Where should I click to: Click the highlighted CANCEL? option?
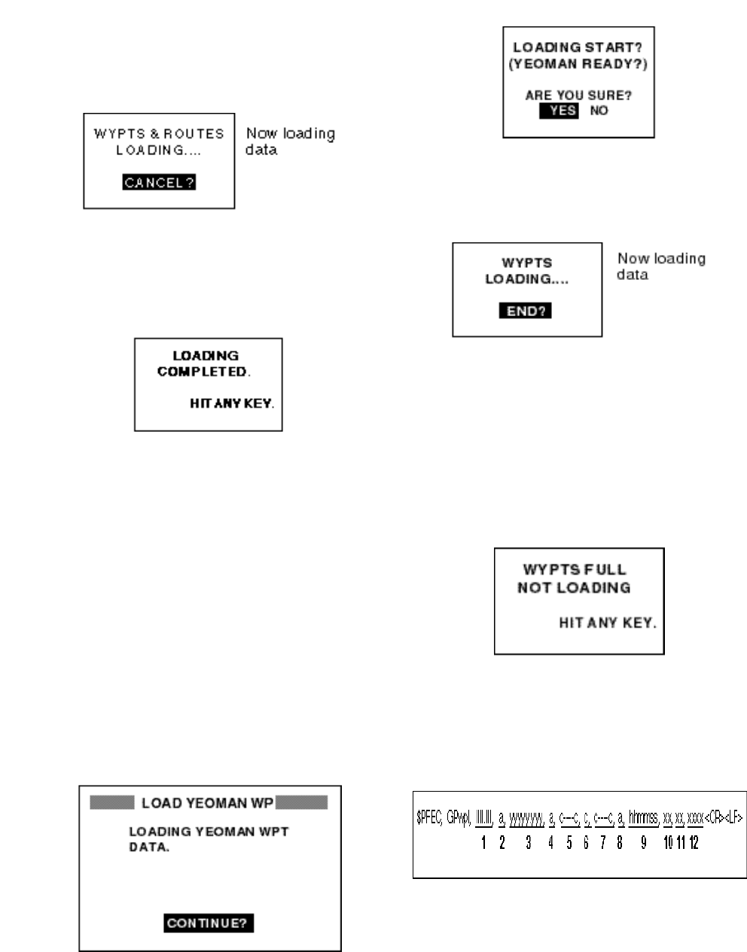[159, 182]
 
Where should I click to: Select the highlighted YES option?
[559, 111]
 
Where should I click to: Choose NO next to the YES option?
[599, 111]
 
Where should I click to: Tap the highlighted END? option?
[526, 310]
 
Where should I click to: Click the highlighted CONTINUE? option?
[208, 923]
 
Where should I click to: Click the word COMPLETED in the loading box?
[203, 372]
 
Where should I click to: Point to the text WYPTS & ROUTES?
[159, 134]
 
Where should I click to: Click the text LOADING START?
[578, 48]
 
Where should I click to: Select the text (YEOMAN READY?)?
[578, 65]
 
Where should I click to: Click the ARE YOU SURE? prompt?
[578, 96]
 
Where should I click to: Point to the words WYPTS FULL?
[575, 570]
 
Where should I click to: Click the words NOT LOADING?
[574, 588]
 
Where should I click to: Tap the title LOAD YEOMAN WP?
[208, 803]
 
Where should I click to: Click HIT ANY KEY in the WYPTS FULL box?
[607, 623]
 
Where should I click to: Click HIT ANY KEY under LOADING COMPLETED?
[231, 404]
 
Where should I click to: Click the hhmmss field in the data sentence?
[643, 818]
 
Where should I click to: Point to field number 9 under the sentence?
[644, 843]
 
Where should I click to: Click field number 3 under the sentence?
[529, 843]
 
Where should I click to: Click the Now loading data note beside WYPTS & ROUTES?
[290, 141]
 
